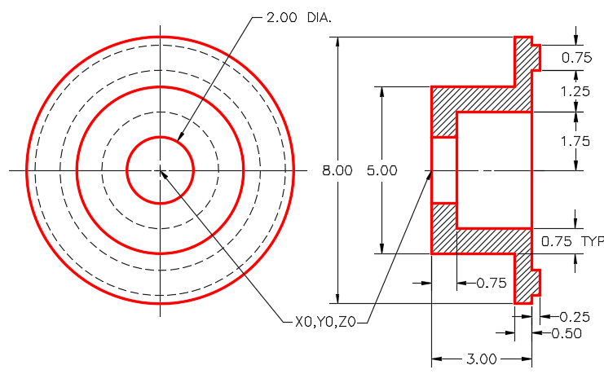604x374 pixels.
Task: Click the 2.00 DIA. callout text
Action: [x=298, y=17]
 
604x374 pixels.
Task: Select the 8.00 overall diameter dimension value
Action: [x=337, y=170]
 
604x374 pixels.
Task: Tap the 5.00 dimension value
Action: [x=381, y=170]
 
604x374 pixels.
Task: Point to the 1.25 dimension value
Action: [x=575, y=91]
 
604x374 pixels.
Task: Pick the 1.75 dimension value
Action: [x=575, y=141]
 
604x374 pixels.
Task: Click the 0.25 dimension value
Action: [x=575, y=317]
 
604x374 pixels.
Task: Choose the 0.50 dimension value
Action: [x=567, y=333]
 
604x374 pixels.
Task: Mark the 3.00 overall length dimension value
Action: [x=482, y=359]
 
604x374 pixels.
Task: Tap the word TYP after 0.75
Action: [x=593, y=241]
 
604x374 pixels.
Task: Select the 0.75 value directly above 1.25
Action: [x=576, y=57]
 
